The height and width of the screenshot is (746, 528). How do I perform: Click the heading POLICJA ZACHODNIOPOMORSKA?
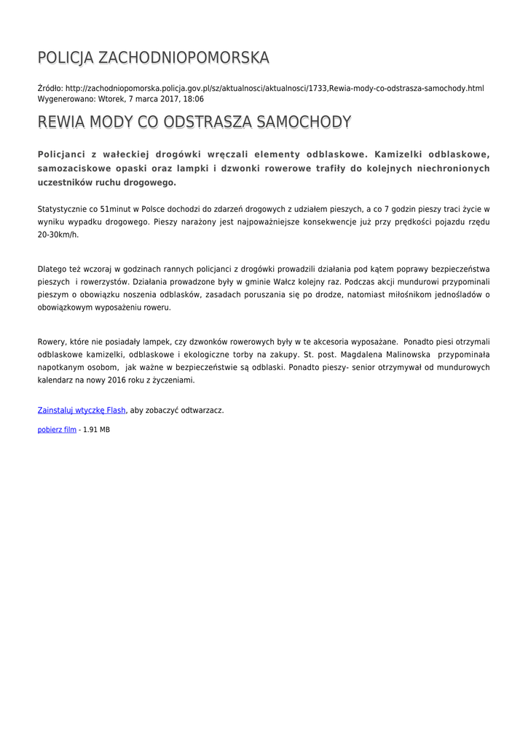coord(153,58)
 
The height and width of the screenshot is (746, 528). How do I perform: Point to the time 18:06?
coord(193,98)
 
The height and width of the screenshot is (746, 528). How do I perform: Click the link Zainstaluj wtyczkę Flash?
coord(82,410)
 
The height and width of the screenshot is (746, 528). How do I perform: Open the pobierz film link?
coord(57,430)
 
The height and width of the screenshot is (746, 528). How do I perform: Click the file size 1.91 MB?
coord(97,430)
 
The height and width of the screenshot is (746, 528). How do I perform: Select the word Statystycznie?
coord(62,208)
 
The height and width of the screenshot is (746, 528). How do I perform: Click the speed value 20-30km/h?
coord(58,235)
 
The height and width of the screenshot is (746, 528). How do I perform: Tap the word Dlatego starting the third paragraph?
coord(52,268)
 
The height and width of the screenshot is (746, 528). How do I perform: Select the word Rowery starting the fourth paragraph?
coord(51,341)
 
